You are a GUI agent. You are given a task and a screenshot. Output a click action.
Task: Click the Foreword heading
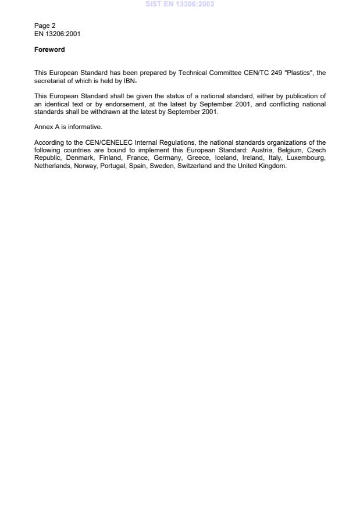pyautogui.click(x=49, y=50)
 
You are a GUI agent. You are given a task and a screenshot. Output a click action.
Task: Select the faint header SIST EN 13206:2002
pyautogui.click(x=180, y=3)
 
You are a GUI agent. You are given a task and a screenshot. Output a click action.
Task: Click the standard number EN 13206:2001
pyautogui.click(x=57, y=33)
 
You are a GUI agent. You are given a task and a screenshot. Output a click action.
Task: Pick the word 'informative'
pyautogui.click(x=87, y=126)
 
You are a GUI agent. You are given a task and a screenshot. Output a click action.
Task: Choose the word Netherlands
pyautogui.click(x=52, y=165)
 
